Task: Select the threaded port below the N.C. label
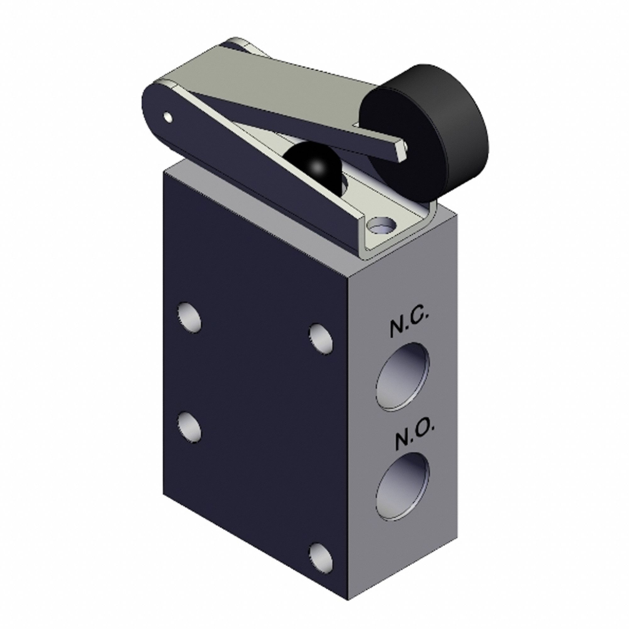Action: pyautogui.click(x=403, y=376)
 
